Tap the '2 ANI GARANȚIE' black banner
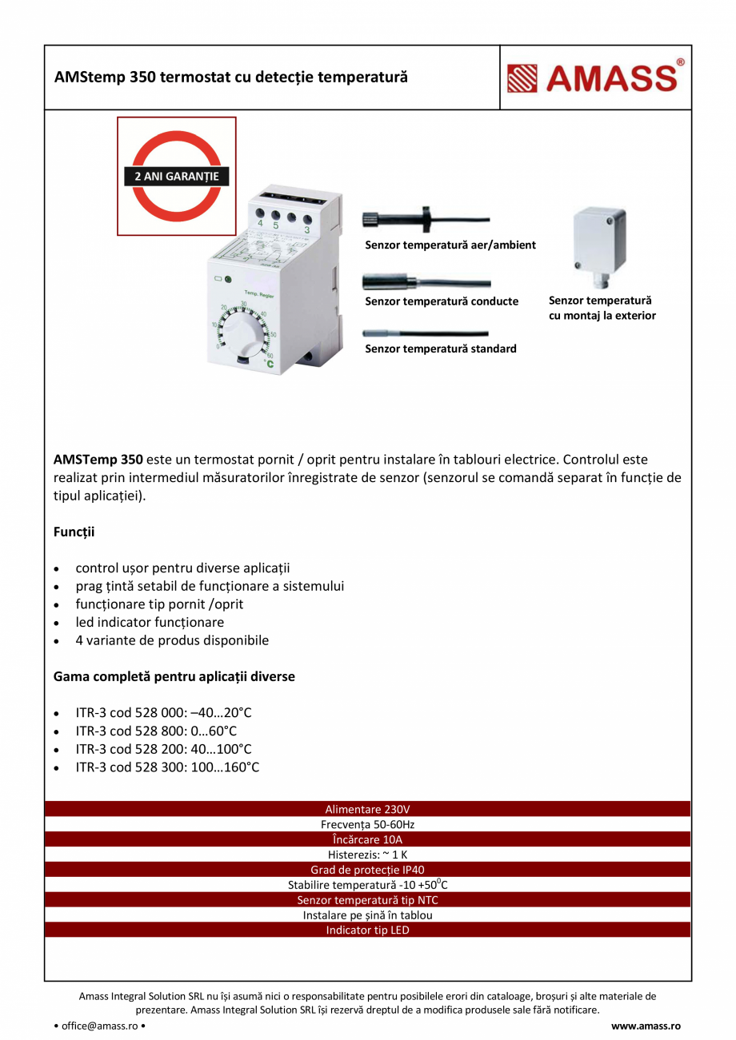tap(176, 176)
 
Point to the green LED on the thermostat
tap(228, 280)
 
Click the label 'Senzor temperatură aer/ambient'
tap(450, 245)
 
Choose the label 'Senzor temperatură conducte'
tap(442, 301)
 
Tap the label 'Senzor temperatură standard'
tap(441, 349)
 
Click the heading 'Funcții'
tap(74, 532)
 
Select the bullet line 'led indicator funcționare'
tap(150, 622)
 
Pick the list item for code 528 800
tap(156, 731)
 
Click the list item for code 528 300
tap(167, 767)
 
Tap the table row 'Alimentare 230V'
tap(367, 809)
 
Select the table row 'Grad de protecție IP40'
tap(367, 870)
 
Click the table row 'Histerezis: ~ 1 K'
tap(367, 855)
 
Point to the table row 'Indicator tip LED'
tap(367, 930)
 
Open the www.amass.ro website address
tap(646, 1026)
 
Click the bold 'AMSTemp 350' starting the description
tap(98, 460)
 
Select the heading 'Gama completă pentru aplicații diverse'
tap(174, 676)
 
